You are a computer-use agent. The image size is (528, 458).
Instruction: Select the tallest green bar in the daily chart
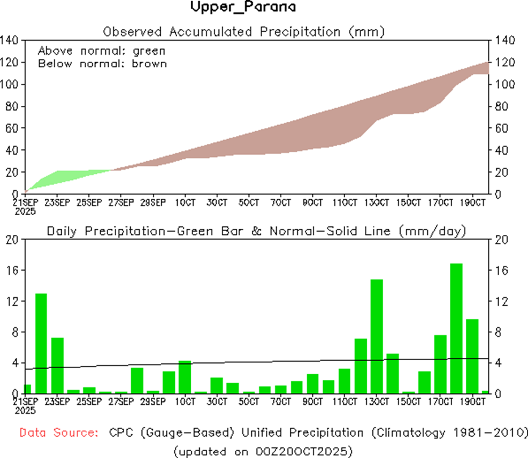pyautogui.click(x=456, y=328)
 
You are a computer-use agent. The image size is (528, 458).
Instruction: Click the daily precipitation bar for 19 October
pyautogui.click(x=472, y=356)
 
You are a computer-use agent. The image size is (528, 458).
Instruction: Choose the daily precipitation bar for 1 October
pyautogui.click(x=184, y=376)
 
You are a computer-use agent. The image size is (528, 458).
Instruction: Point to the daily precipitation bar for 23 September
pyautogui.click(x=57, y=365)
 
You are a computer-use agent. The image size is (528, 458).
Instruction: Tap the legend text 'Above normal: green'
pyautogui.click(x=101, y=50)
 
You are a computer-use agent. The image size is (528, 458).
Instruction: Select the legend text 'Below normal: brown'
pyautogui.click(x=102, y=63)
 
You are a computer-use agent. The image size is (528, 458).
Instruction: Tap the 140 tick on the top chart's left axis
pyautogui.click(x=11, y=40)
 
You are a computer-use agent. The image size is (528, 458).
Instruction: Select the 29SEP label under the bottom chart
pyautogui.click(x=153, y=402)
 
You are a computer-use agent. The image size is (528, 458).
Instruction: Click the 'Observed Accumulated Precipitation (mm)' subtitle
pyautogui.click(x=243, y=32)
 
